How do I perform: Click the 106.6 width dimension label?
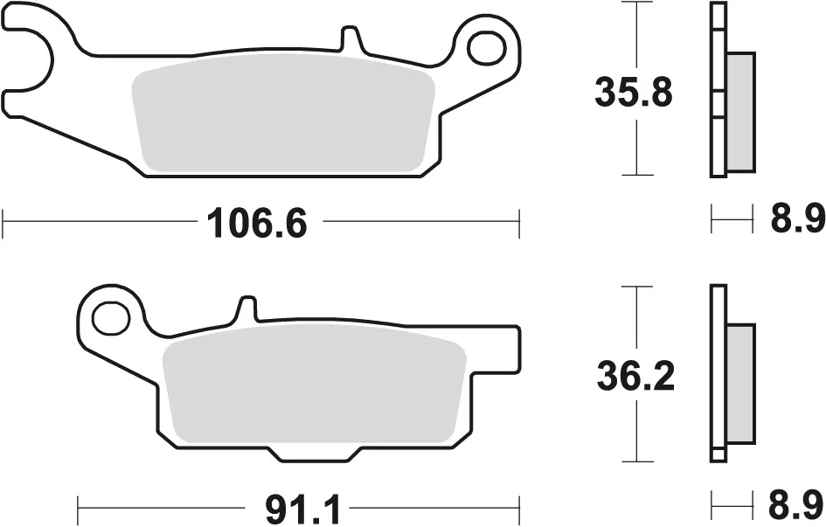256,223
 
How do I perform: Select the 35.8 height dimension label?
633,92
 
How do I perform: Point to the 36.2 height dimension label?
635,376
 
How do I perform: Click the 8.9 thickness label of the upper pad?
797,219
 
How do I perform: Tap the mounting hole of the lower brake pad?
111,317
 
